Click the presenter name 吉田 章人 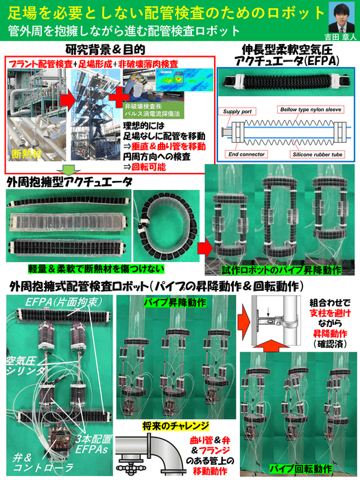tap(333, 37)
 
